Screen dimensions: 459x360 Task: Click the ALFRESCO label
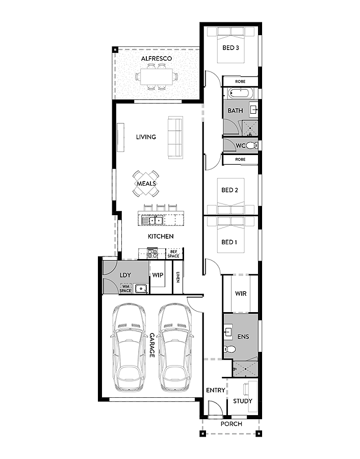click(x=157, y=59)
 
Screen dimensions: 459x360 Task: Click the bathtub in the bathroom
click(x=238, y=93)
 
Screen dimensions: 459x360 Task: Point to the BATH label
click(x=235, y=111)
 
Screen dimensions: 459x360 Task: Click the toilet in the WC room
click(x=253, y=145)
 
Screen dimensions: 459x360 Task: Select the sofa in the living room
click(x=175, y=137)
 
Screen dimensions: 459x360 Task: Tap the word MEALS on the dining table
click(x=146, y=184)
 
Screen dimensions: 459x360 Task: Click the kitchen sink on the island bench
click(x=152, y=220)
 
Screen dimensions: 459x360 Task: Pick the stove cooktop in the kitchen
click(x=153, y=252)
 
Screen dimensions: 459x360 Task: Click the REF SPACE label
click(x=174, y=253)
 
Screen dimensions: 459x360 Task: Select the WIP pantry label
click(x=158, y=275)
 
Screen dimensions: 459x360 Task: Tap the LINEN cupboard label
click(x=178, y=277)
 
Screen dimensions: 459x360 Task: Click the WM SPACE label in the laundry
click(x=125, y=289)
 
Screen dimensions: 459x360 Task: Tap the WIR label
click(x=241, y=294)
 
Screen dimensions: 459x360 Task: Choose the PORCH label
click(x=231, y=424)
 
